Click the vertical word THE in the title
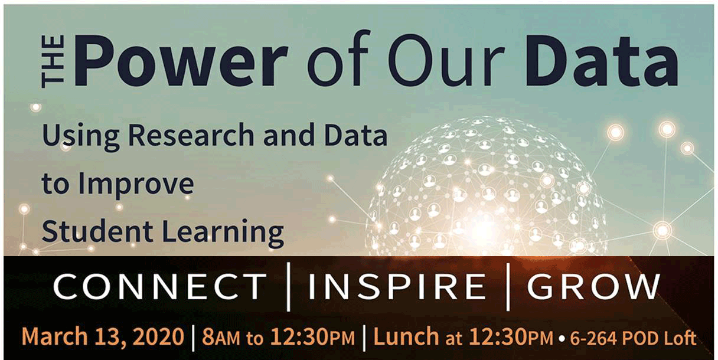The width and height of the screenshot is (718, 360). [53, 62]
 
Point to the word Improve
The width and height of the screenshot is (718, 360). [136, 185]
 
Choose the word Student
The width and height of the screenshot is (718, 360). [97, 231]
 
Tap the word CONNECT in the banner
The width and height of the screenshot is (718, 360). [160, 286]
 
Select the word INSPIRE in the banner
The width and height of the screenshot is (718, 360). [397, 286]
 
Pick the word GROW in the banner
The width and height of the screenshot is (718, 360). [593, 286]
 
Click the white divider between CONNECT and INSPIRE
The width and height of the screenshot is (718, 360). [289, 287]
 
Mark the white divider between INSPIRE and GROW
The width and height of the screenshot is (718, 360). [508, 287]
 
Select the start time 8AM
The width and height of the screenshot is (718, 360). [221, 337]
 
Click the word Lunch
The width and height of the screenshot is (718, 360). [406, 336]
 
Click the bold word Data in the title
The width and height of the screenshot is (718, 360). [601, 61]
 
